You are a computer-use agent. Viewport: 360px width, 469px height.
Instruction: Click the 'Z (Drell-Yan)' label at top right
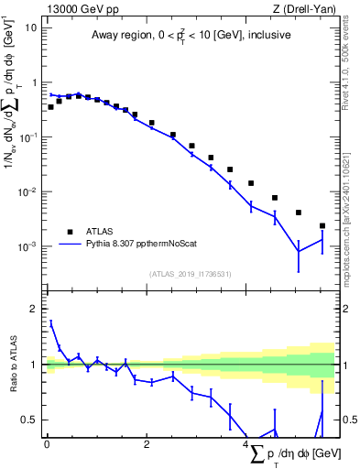tap(309, 8)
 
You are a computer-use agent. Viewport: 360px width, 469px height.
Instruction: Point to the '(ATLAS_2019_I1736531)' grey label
tap(190, 274)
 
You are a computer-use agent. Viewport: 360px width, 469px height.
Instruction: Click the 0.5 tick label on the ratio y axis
tap(30, 420)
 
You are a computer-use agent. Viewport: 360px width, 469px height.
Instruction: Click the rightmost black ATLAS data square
tap(322, 225)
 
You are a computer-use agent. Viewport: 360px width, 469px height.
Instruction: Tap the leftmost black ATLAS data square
tap(50, 107)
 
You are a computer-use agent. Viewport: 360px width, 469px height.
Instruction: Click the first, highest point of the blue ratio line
tap(50, 322)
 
